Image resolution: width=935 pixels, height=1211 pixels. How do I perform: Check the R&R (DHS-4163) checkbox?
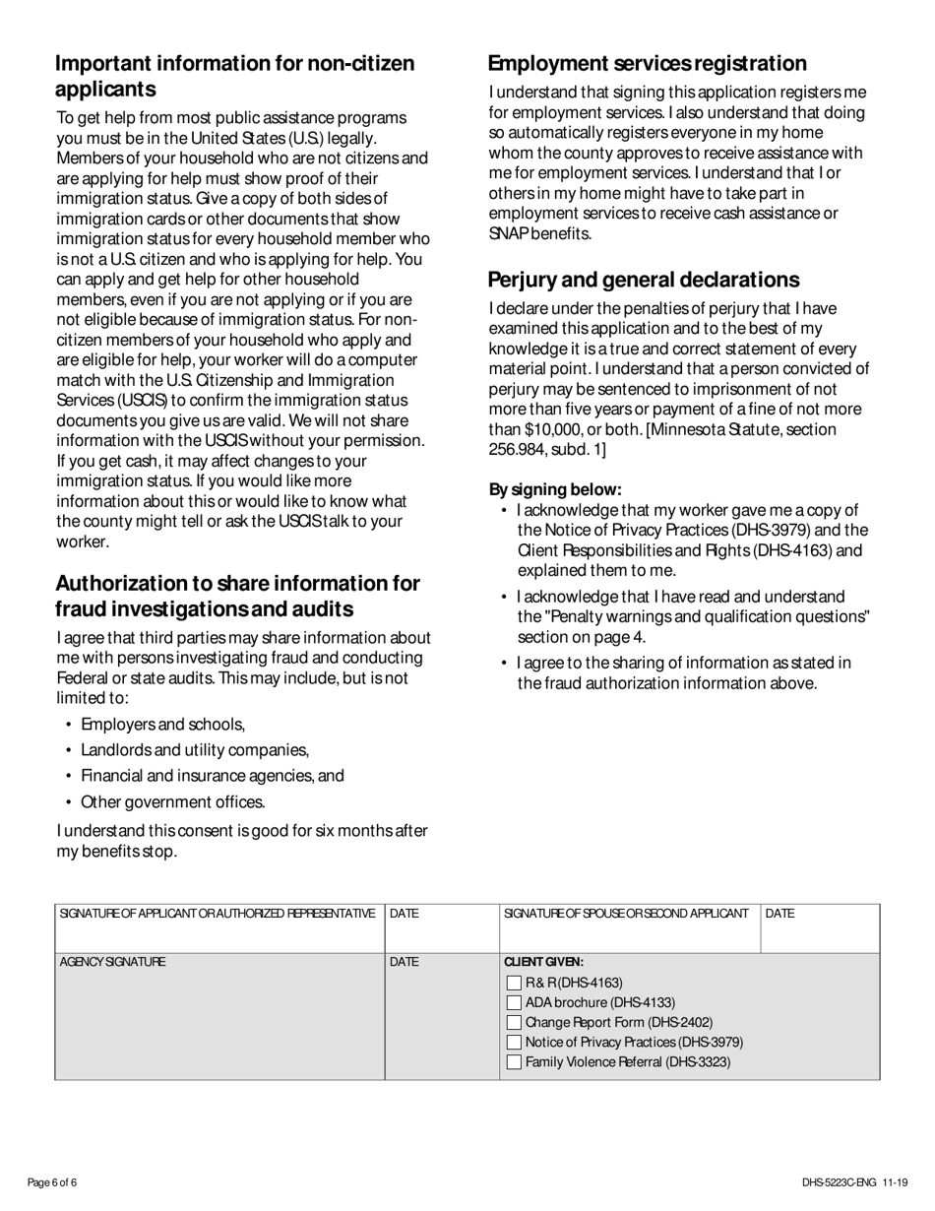point(514,983)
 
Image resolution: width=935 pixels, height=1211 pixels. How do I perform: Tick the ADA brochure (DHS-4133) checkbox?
point(514,1002)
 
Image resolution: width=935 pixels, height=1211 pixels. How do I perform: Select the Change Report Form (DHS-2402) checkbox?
point(514,1022)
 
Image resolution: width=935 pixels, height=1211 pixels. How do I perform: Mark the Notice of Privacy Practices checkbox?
point(514,1042)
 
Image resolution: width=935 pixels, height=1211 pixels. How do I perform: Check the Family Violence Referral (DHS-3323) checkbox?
point(514,1061)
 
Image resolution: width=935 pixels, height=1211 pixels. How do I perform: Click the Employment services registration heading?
point(647,64)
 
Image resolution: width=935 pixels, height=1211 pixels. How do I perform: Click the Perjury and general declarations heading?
point(644,280)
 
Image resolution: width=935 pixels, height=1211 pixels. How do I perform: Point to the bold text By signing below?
point(555,489)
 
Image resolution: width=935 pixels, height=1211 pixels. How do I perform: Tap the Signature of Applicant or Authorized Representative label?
point(218,914)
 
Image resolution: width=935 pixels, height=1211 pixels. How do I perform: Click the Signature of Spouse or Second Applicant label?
point(625,914)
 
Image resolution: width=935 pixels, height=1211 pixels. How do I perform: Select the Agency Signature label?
point(113,962)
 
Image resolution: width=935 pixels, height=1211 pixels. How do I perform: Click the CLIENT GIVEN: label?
point(543,962)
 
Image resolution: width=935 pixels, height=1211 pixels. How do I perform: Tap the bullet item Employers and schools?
point(162,725)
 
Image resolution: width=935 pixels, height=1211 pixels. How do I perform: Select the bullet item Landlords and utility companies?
point(195,750)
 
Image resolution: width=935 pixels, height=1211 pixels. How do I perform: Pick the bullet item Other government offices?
point(172,801)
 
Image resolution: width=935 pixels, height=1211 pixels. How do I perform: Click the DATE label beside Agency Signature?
point(404,962)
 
